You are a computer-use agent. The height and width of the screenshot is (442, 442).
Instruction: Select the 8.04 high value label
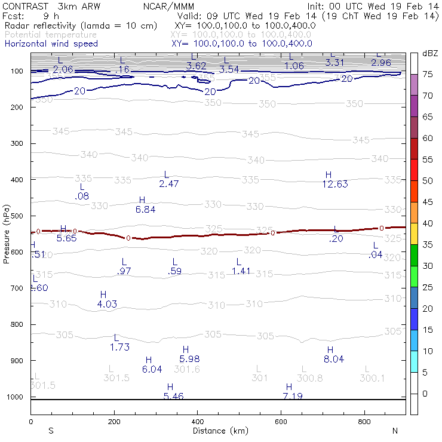[334, 359]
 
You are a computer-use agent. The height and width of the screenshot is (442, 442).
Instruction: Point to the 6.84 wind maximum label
[146, 210]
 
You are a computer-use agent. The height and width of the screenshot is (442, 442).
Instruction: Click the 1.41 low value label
[241, 271]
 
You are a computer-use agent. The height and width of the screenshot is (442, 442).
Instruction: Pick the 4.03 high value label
[107, 304]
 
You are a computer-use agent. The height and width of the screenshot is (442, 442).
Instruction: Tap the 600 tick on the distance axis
[281, 421]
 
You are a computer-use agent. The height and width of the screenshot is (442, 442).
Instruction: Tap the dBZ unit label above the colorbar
[430, 54]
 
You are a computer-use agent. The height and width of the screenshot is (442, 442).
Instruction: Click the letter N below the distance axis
[395, 431]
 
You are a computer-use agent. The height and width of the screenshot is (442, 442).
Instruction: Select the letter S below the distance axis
[51, 431]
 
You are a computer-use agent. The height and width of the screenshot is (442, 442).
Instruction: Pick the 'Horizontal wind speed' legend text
[51, 44]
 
